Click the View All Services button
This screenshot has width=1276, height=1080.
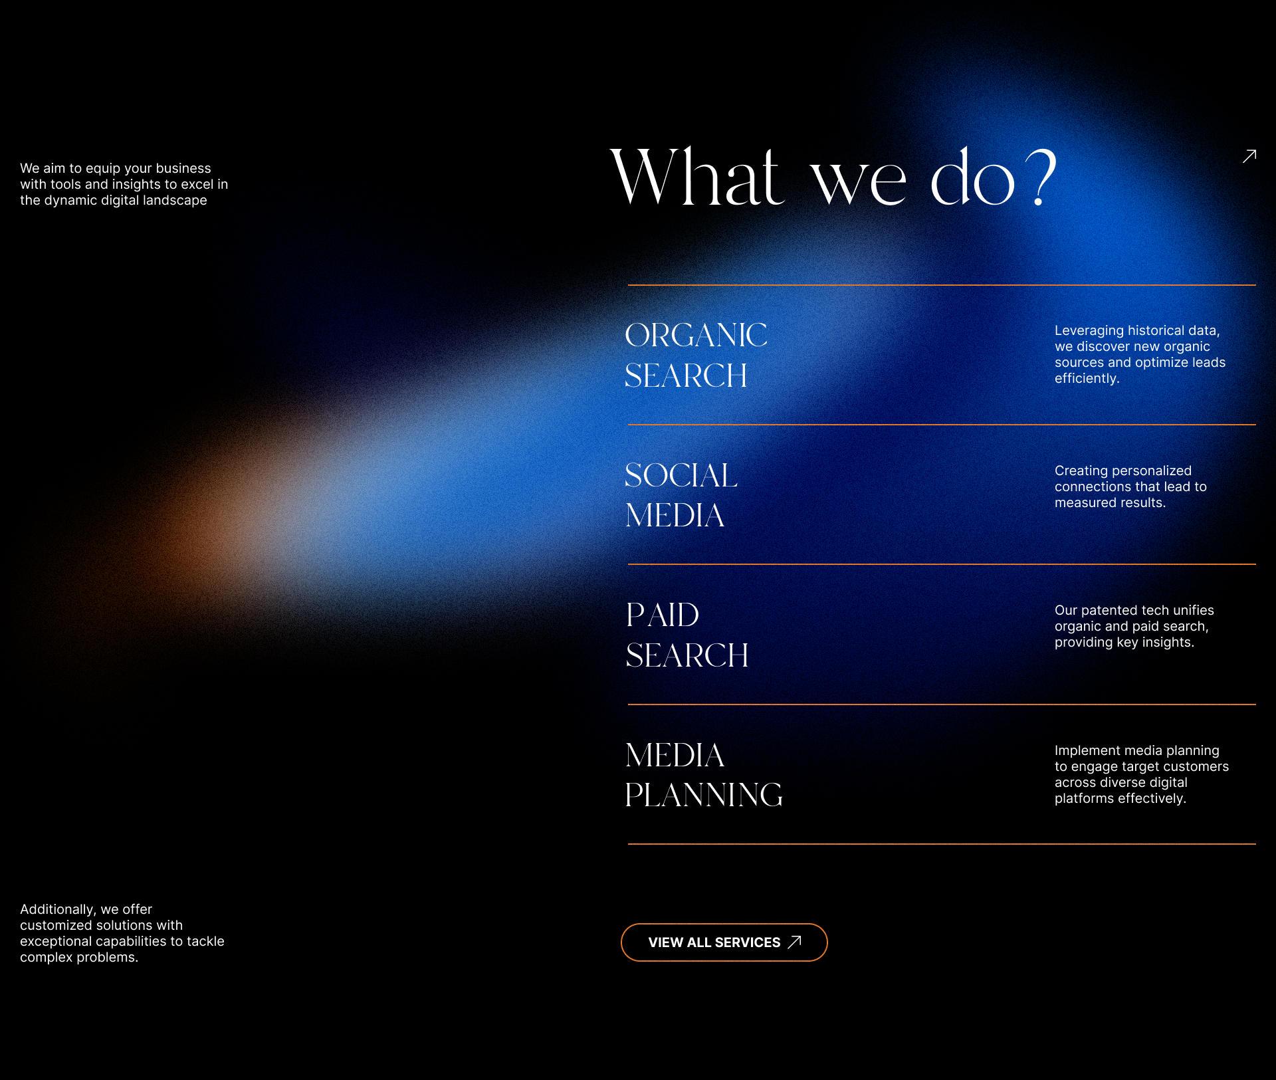coord(723,942)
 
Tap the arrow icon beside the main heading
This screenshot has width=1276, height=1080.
coord(1249,156)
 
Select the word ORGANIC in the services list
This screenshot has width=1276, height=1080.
coord(696,335)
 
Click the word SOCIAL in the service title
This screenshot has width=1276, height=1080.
coord(681,475)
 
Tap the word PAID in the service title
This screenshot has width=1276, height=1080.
coord(663,615)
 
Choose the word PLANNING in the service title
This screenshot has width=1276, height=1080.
coord(704,795)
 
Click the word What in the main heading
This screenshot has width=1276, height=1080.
coord(696,176)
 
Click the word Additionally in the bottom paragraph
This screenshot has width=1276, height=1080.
coord(57,909)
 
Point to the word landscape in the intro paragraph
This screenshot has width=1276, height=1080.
coord(174,200)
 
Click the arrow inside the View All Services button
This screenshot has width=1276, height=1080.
coord(795,942)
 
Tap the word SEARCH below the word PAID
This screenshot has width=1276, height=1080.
coord(687,655)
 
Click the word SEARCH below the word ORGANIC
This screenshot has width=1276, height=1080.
coord(686,376)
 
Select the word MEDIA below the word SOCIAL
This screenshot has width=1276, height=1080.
coord(675,515)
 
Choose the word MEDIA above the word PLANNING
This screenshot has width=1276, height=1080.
coord(675,755)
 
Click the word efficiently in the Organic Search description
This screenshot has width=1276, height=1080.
coord(1087,378)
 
